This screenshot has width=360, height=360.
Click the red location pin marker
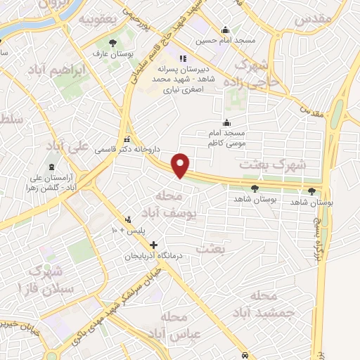182,165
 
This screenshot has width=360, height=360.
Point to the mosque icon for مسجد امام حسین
225,30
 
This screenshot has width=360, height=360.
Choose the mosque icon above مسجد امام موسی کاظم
226,123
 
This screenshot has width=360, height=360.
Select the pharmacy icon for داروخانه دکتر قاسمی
127,139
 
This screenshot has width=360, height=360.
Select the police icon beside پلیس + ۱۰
127,219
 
